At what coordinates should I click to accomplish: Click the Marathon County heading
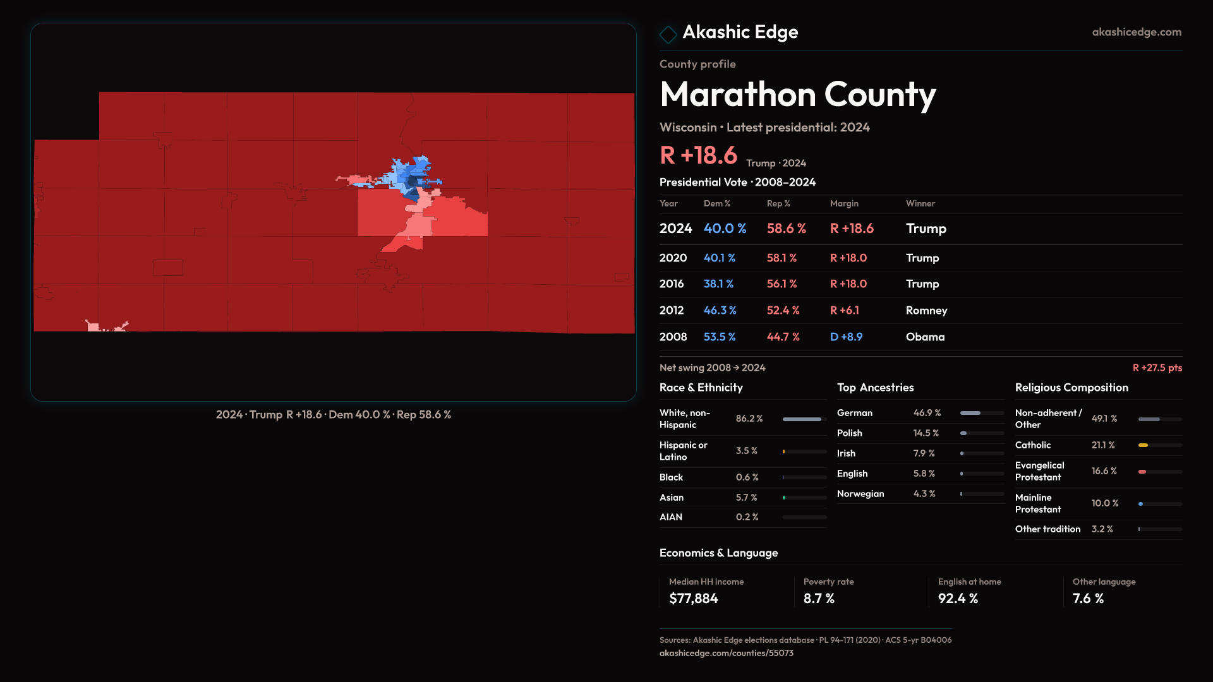click(797, 95)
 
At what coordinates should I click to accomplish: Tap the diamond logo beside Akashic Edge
click(668, 34)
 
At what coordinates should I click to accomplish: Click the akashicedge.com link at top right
click(1137, 32)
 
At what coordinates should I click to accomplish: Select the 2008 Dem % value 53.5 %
click(720, 337)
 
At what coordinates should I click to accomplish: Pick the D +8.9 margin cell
click(846, 337)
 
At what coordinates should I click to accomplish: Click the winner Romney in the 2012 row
click(926, 311)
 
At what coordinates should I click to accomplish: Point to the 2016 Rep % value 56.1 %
click(782, 284)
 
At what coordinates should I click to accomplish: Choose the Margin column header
click(844, 204)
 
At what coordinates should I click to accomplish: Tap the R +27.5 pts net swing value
click(1157, 368)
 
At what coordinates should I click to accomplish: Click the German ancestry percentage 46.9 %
click(927, 413)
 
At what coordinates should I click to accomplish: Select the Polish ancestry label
click(849, 433)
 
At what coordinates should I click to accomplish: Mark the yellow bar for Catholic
click(1143, 445)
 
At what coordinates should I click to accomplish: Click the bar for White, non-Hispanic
click(802, 419)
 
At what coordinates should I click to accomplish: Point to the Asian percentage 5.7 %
click(746, 498)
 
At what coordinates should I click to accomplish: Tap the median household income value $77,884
click(693, 599)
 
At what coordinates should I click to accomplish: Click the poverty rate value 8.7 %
click(819, 599)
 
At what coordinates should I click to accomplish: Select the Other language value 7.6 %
click(1088, 599)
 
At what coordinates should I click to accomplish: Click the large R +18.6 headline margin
click(698, 155)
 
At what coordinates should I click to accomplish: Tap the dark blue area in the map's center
click(412, 183)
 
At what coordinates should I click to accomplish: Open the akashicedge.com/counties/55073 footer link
click(726, 654)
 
